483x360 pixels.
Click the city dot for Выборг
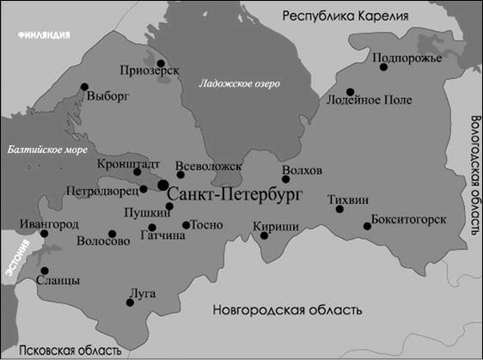click(84, 86)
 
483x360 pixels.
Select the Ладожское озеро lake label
click(240, 83)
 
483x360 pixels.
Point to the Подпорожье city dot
click(383, 67)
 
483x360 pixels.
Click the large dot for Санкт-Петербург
click(162, 186)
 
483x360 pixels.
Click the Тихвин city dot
click(339, 209)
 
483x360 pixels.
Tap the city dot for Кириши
click(265, 235)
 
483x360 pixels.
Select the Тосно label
click(207, 224)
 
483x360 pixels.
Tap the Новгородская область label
click(288, 310)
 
